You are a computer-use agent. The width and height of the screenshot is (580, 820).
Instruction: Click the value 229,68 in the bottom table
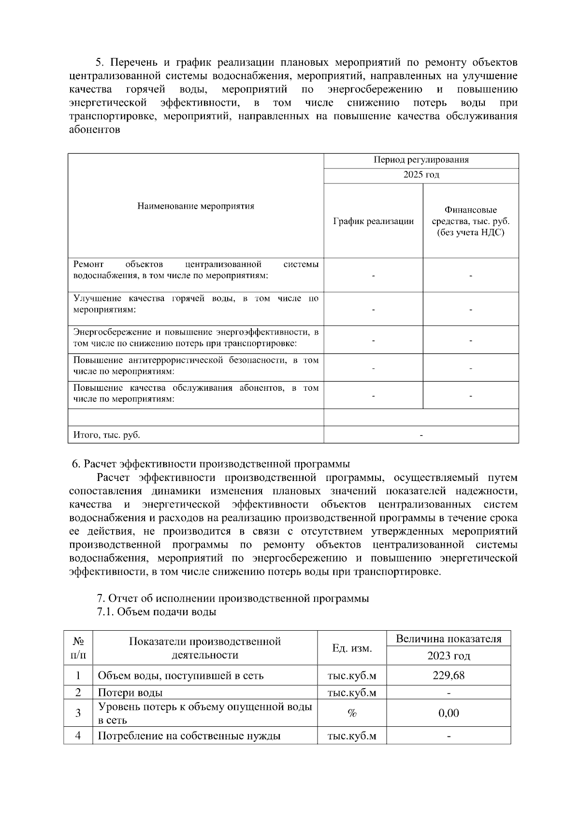(448, 675)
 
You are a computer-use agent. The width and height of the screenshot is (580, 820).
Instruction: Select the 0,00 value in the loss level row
(448, 713)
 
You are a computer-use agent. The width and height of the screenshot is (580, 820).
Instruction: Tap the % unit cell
(352, 713)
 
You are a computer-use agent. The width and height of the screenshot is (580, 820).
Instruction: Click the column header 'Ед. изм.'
(352, 648)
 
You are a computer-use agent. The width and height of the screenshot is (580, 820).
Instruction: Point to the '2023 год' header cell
(448, 656)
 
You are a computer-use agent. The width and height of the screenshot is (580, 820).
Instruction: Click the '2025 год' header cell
(421, 175)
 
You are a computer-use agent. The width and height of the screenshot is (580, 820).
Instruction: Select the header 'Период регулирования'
(421, 160)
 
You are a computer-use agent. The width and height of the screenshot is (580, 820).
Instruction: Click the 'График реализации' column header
(373, 221)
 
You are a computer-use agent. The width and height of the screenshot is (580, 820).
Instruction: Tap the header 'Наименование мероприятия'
(196, 206)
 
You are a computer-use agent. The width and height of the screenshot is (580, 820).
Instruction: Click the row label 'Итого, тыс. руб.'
(107, 435)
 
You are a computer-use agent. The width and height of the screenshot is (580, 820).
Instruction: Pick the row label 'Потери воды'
(130, 693)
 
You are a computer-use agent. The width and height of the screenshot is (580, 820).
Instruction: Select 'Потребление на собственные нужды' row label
(189, 736)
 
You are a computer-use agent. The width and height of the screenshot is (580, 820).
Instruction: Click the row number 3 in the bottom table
(78, 713)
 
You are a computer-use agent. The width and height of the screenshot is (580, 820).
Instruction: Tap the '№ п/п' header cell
(78, 648)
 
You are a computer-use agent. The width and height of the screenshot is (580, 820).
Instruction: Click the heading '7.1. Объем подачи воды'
(156, 612)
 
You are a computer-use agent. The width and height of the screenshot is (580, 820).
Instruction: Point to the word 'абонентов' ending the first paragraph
(94, 130)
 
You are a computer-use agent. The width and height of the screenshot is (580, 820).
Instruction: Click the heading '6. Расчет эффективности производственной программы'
(211, 464)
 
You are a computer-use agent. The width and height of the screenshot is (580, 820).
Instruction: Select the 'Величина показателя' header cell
(448, 639)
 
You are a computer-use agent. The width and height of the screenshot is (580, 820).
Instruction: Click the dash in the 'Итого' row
(421, 435)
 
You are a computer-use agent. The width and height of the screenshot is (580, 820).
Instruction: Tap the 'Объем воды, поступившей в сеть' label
(181, 675)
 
